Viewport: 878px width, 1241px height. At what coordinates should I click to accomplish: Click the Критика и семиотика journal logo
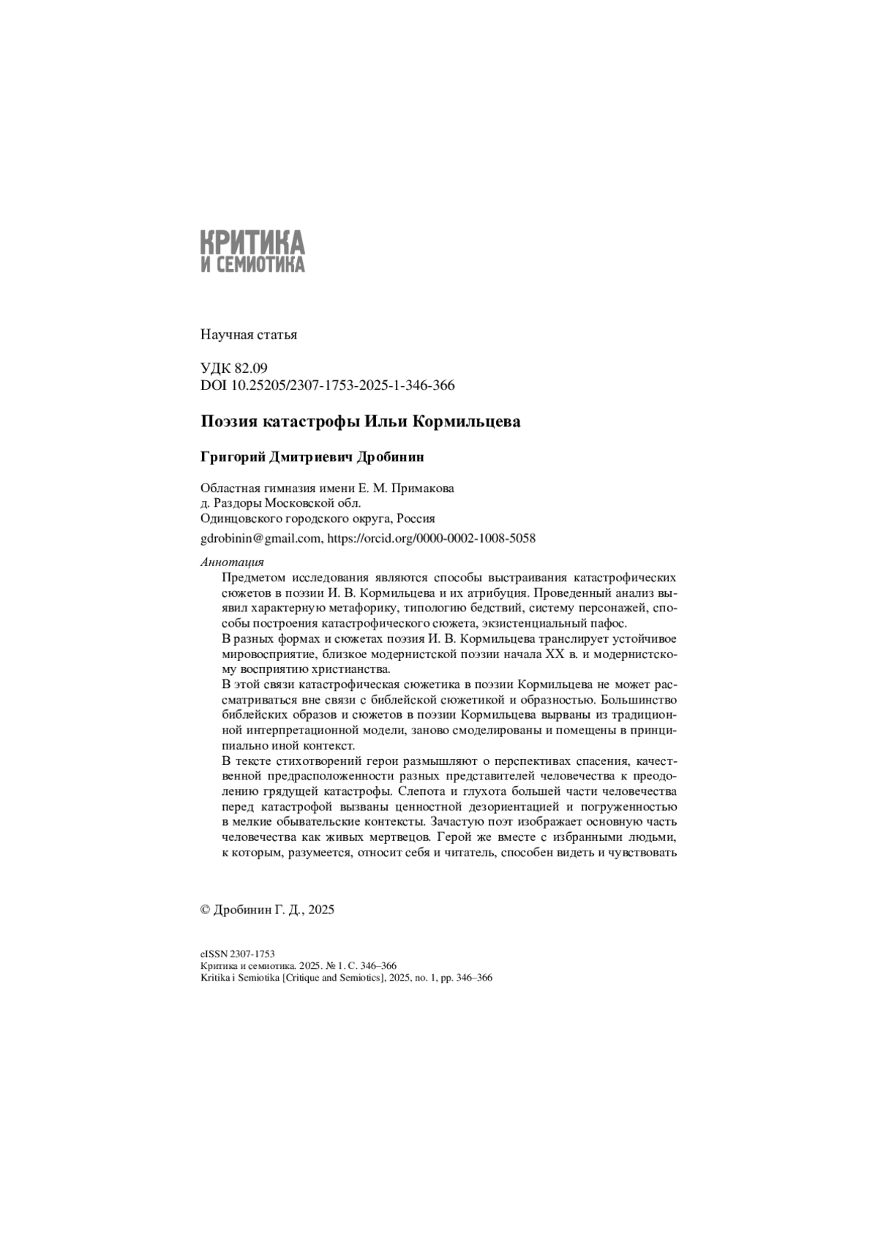pos(252,250)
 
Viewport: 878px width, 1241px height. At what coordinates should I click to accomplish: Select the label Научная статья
pos(248,335)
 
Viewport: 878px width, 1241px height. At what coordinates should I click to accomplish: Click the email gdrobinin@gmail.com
pos(260,538)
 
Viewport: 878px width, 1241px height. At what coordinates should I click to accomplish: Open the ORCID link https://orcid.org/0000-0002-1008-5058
pos(431,538)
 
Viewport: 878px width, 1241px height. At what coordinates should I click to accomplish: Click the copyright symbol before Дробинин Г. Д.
pos(205,910)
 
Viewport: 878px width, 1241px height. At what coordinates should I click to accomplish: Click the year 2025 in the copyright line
pos(321,910)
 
